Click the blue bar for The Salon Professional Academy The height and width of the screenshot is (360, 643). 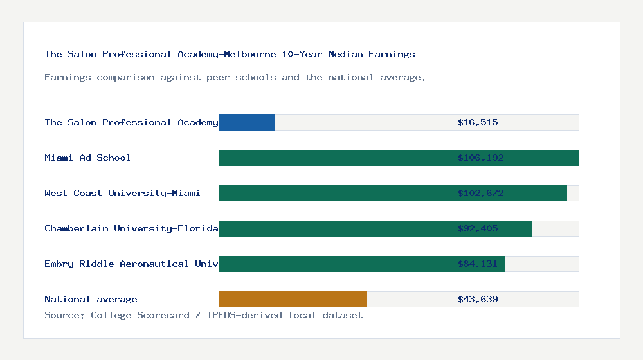point(247,122)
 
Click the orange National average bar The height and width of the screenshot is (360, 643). point(293,299)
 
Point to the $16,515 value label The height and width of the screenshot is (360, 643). point(478,122)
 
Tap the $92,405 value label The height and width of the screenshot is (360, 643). point(478,228)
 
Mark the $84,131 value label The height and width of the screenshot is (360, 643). point(478,264)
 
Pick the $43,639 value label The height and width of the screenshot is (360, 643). point(478,299)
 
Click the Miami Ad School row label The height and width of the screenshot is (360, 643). point(87,157)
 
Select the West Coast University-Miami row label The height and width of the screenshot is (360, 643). point(122,193)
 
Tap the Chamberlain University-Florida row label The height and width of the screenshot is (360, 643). point(131,228)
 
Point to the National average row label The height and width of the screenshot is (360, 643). point(91,299)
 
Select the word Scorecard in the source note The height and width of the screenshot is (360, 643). point(163,315)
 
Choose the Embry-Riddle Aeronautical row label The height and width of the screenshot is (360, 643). point(131,264)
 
